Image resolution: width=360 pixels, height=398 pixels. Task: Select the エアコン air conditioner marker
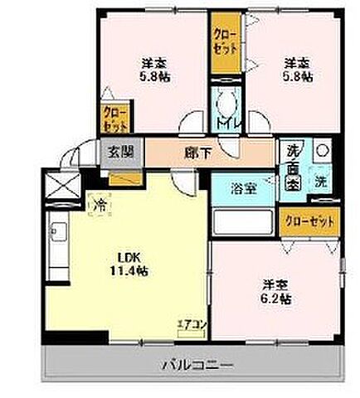point(190,327)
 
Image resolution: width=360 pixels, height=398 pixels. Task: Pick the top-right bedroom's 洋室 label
point(297,62)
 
